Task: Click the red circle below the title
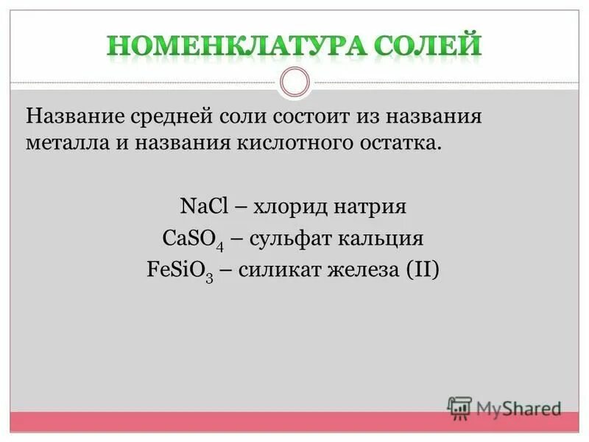pyautogui.click(x=294, y=82)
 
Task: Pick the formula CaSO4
pyautogui.click(x=191, y=239)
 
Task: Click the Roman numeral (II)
pyautogui.click(x=422, y=270)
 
